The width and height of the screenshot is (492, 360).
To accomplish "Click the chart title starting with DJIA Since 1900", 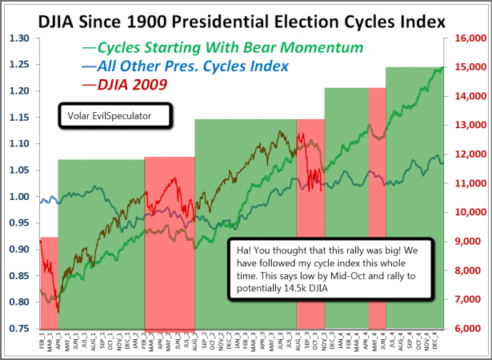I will tap(246, 17).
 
